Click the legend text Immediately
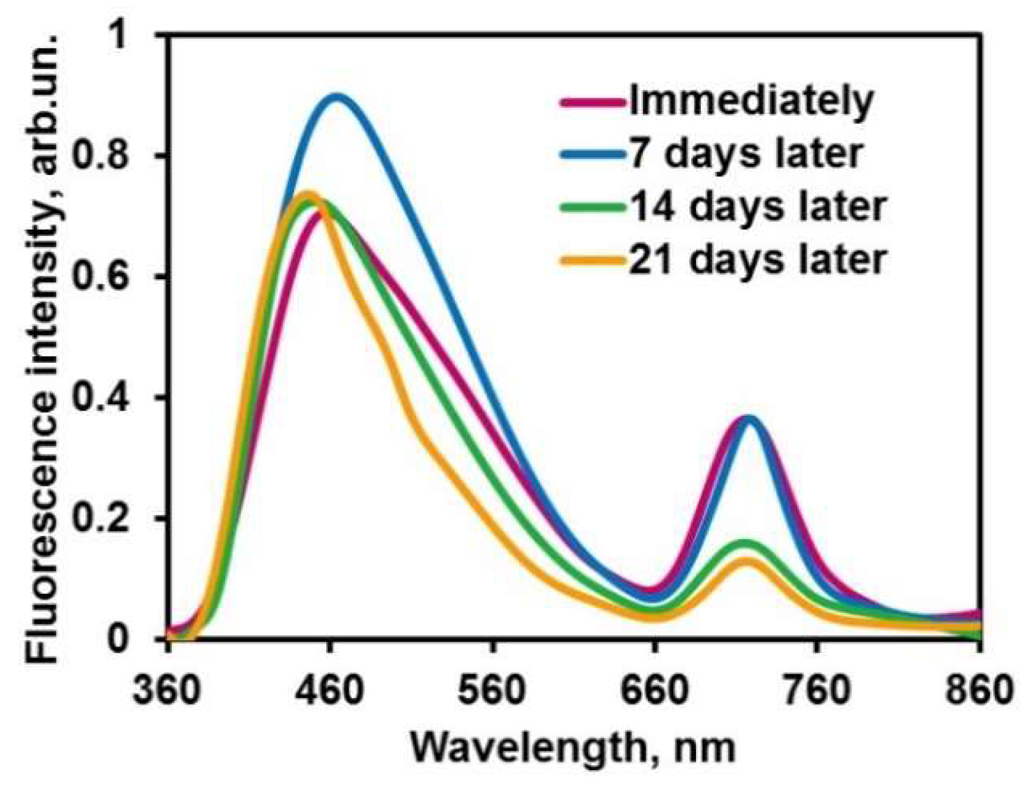click(752, 101)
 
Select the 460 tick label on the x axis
click(329, 691)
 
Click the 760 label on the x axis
click(817, 691)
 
